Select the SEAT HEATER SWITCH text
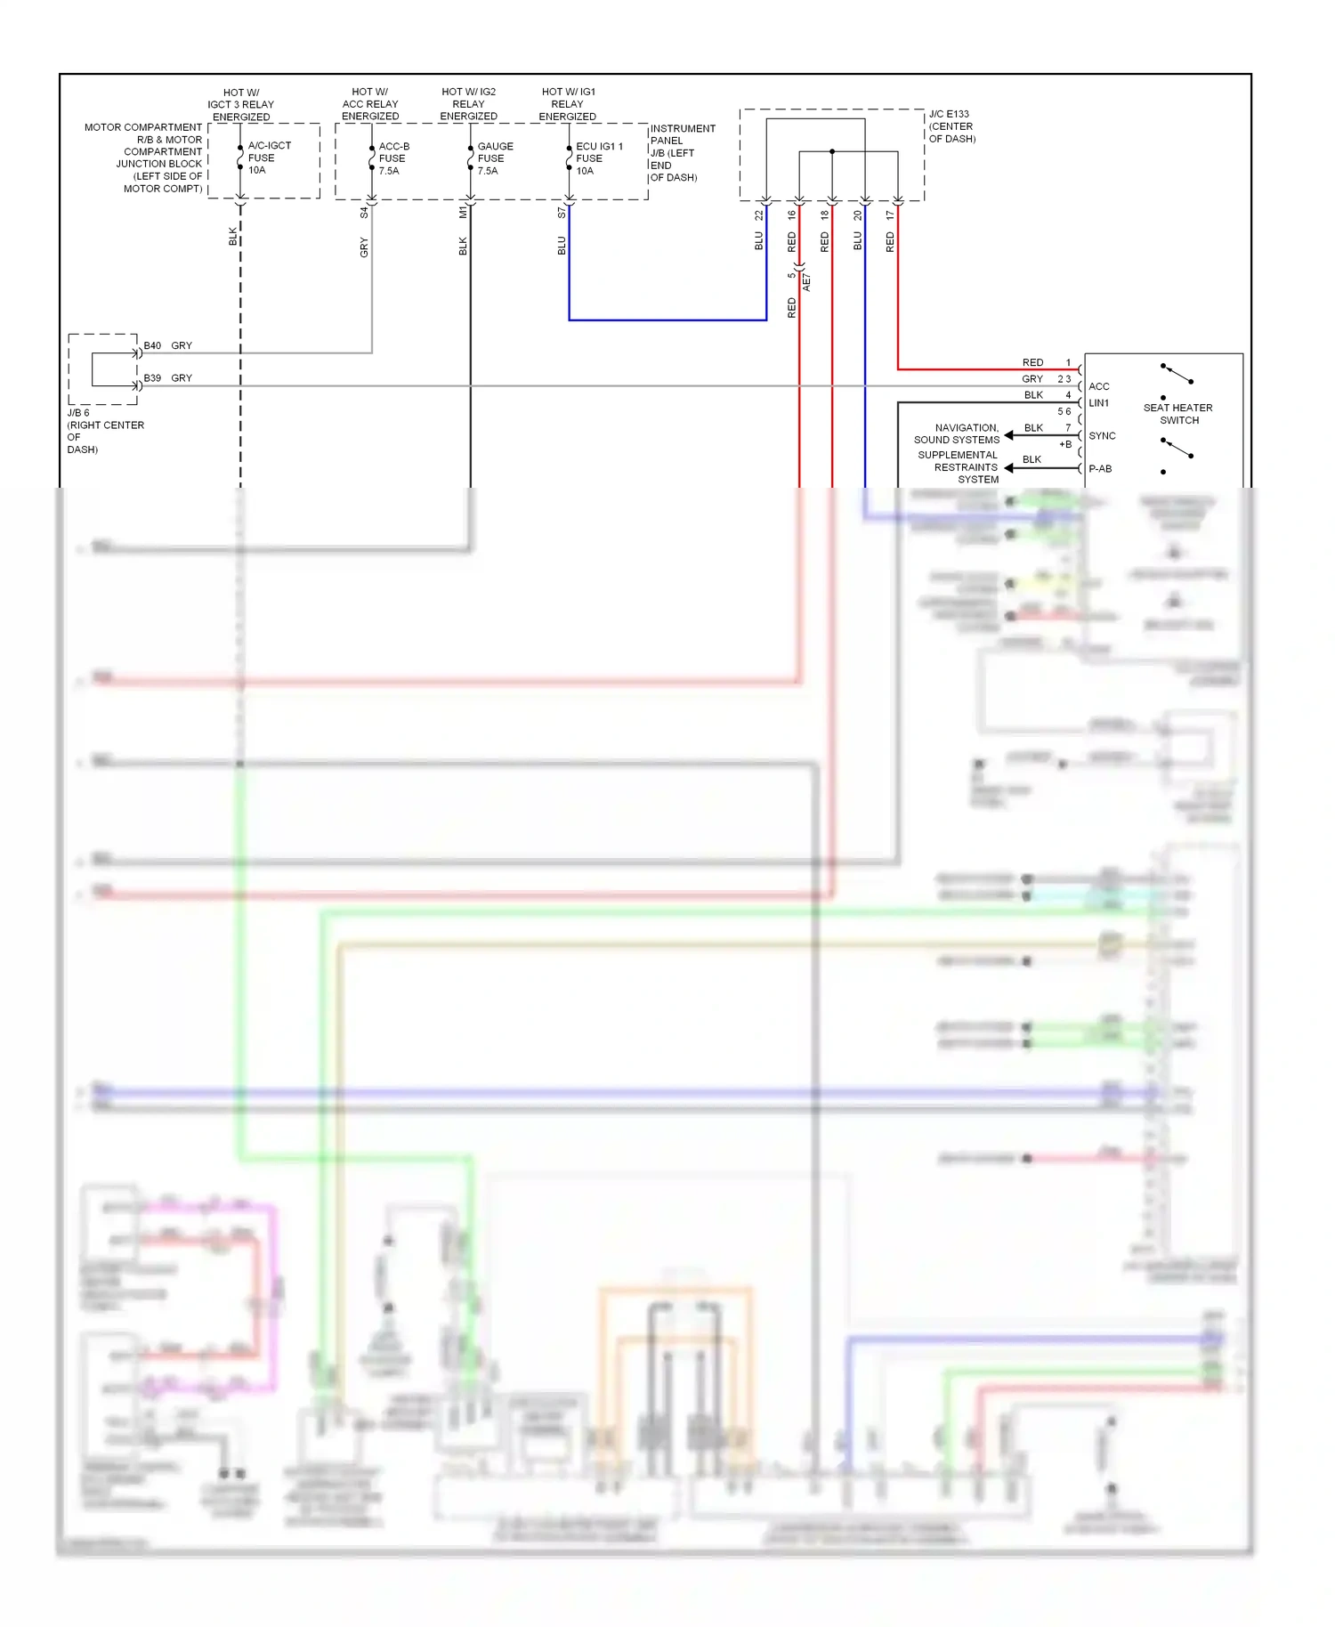click(x=1177, y=414)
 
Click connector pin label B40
click(x=153, y=345)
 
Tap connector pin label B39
click(x=153, y=378)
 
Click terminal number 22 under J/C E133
click(x=759, y=215)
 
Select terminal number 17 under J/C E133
click(x=890, y=215)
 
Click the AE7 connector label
click(x=806, y=283)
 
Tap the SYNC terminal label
click(x=1102, y=436)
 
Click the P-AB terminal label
click(x=1100, y=469)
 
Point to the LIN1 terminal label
click(x=1098, y=403)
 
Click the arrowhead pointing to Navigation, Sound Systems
click(x=1009, y=435)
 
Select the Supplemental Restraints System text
click(x=958, y=467)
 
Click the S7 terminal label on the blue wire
click(x=561, y=214)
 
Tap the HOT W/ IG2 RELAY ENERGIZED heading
click(x=468, y=104)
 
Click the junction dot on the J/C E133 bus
click(x=832, y=151)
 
